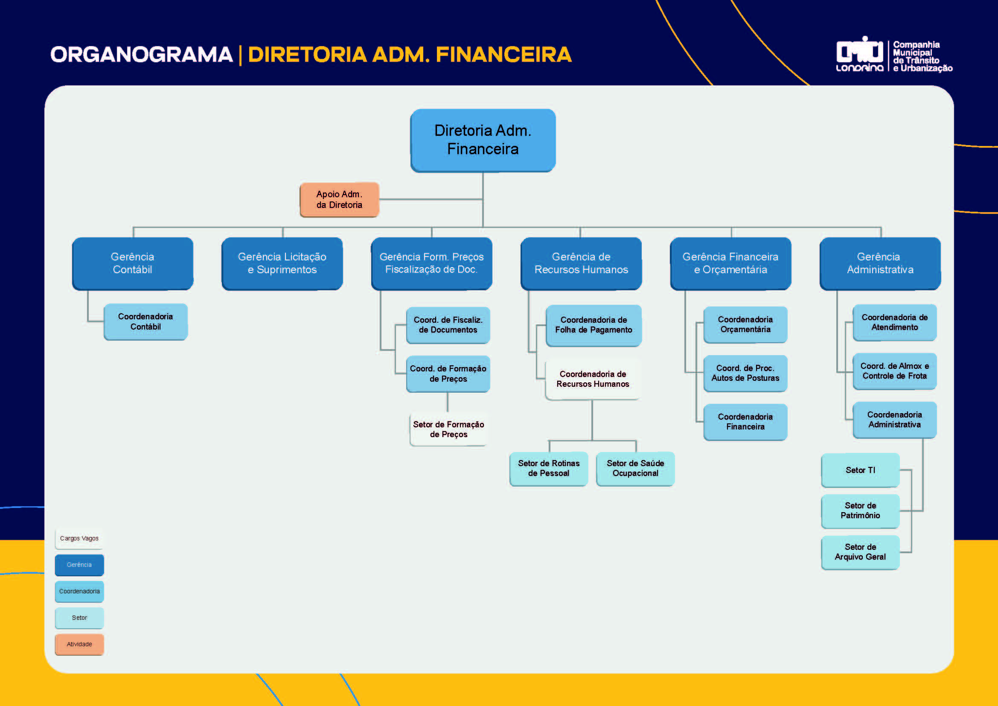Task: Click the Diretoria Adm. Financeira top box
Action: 483,140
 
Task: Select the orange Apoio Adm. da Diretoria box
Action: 340,199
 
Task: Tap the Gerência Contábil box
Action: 133,263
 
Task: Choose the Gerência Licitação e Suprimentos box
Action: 282,263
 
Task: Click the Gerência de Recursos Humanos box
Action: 581,263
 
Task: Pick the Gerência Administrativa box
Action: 880,263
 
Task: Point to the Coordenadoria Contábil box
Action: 145,322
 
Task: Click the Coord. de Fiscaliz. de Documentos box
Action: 448,325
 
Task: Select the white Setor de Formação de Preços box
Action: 448,429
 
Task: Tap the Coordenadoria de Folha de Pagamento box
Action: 594,325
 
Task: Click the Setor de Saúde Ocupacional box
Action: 635,468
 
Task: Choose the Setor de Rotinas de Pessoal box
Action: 549,468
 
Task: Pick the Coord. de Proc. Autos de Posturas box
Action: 745,373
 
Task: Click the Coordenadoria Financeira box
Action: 745,422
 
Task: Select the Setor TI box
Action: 860,470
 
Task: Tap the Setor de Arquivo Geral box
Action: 860,551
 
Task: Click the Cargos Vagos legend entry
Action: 79,538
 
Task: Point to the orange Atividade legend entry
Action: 79,644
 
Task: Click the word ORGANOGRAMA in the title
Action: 142,55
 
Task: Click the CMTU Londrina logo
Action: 859,55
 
